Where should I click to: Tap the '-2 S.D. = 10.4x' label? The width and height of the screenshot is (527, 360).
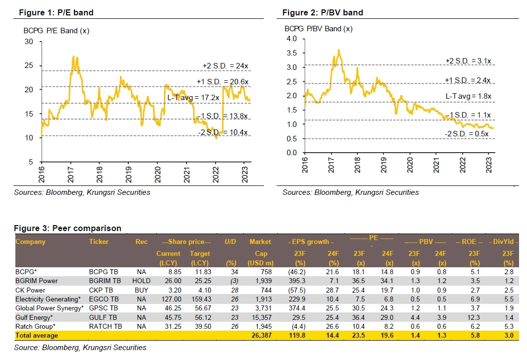[217, 131]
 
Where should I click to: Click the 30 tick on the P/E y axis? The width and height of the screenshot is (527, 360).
[29, 42]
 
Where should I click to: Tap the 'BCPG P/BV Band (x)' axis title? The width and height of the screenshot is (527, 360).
[318, 29]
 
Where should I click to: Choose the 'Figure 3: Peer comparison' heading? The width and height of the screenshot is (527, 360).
[67, 229]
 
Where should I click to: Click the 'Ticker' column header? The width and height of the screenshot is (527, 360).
[99, 242]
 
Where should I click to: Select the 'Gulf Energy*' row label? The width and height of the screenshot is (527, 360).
[35, 317]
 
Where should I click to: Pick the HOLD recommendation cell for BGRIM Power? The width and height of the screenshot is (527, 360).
[143, 281]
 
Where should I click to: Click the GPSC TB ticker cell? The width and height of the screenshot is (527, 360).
[103, 308]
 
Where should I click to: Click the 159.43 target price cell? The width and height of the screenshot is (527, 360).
[200, 299]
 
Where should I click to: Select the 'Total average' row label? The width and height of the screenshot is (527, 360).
[37, 336]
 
